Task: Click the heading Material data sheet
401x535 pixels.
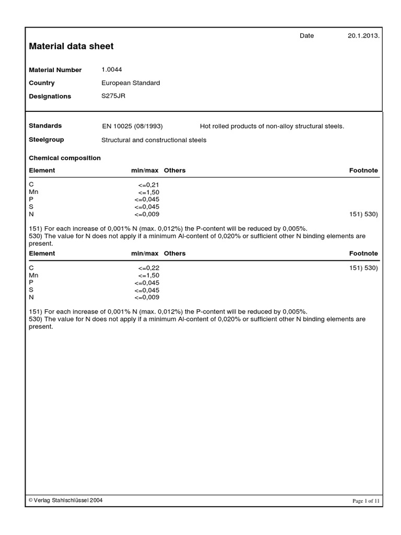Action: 71,46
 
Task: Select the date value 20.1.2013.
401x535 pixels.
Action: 363,36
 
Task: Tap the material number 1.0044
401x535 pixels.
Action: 112,69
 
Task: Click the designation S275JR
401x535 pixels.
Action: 113,96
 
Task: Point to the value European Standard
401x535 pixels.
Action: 131,83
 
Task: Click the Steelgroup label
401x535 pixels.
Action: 46,140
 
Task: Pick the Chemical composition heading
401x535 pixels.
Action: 65,158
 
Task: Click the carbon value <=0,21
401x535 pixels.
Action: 149,185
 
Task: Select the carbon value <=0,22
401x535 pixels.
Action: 149,268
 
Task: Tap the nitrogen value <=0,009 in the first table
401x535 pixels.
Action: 147,214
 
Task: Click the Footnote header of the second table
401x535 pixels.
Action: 363,253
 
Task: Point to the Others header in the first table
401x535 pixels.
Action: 174,170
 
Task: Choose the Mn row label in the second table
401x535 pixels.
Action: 34,275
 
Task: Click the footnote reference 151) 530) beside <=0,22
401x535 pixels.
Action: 363,268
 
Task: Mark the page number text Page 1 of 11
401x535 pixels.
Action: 367,501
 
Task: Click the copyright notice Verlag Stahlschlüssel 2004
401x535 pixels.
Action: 66,500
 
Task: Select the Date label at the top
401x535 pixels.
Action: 306,36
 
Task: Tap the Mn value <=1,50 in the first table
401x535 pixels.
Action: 149,192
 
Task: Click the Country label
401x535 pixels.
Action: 42,83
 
